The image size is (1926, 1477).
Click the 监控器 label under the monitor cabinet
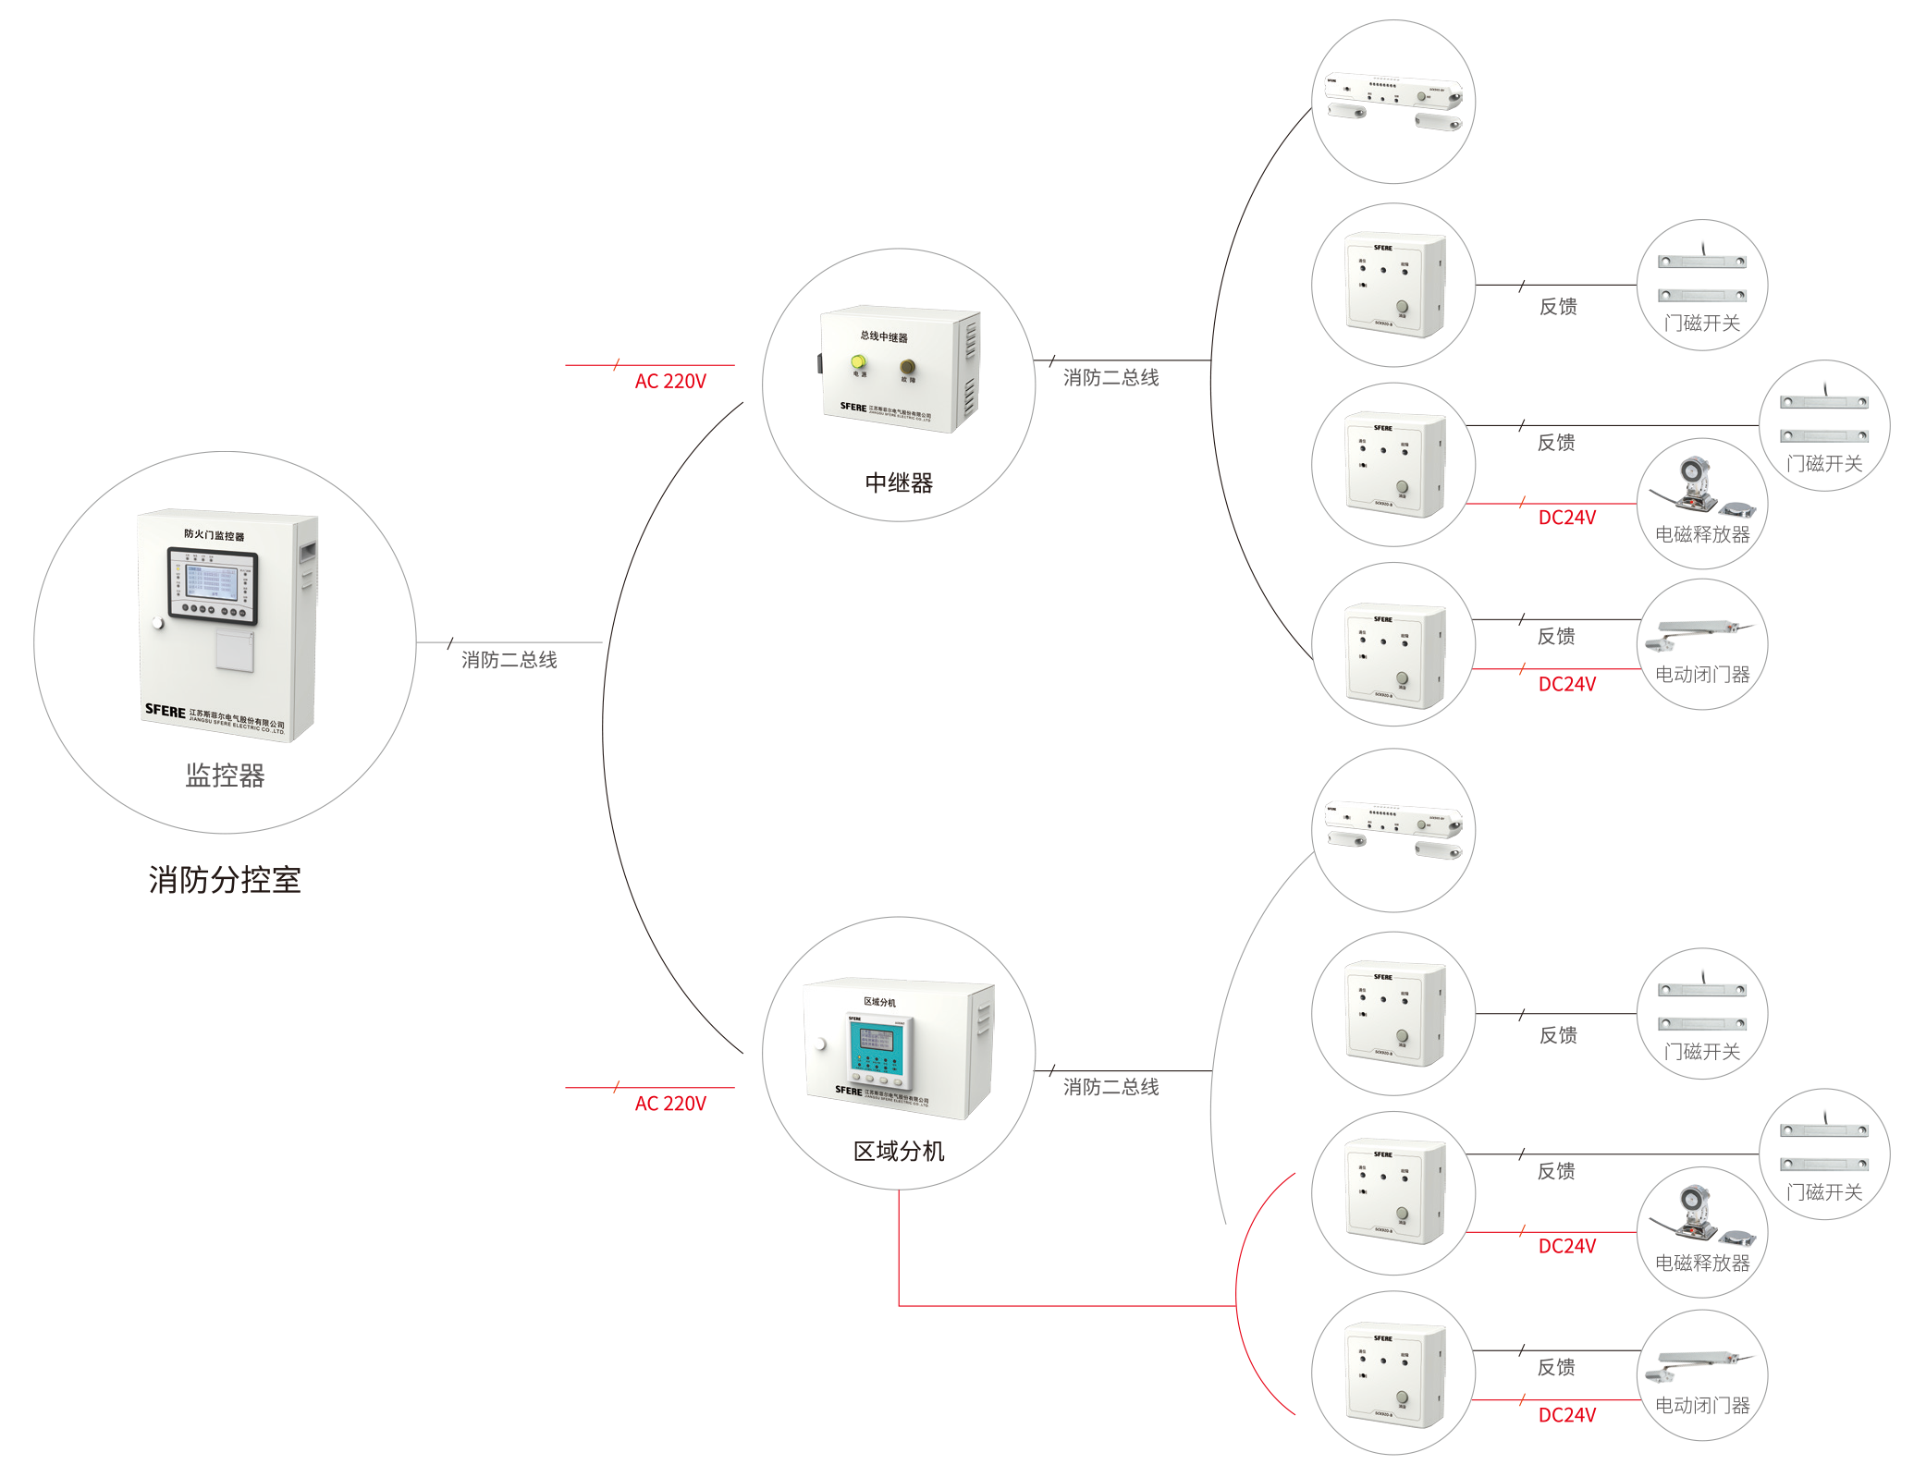click(225, 775)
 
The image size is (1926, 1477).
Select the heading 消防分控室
click(225, 879)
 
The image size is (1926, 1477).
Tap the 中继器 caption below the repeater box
click(899, 482)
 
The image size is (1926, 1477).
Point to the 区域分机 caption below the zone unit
click(899, 1151)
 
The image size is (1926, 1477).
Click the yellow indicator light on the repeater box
click(858, 361)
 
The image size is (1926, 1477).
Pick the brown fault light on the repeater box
click(907, 367)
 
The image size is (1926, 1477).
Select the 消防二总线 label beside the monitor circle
click(509, 659)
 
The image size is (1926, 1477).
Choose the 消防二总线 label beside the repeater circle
click(1110, 377)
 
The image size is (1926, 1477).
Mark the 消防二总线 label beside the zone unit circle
click(1110, 1087)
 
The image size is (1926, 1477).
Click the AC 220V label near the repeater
click(670, 381)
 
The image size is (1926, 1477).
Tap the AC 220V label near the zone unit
click(670, 1104)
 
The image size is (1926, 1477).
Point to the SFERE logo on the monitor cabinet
click(165, 710)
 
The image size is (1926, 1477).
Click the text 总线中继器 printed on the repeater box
click(884, 336)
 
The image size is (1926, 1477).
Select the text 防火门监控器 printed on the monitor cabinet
click(214, 534)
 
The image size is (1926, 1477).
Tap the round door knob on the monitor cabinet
click(158, 623)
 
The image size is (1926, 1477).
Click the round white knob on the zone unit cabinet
click(820, 1044)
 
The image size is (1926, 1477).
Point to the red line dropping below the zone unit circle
click(899, 1248)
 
